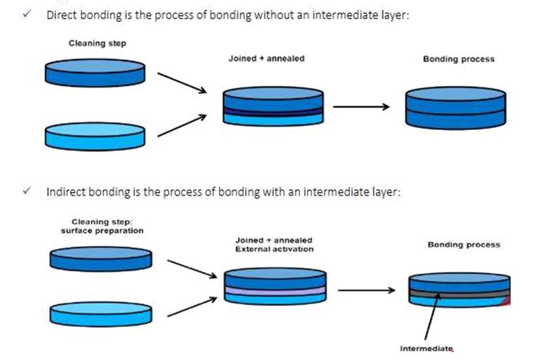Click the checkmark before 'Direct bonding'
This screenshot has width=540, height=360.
click(27, 14)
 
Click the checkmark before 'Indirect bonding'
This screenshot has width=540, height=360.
click(27, 190)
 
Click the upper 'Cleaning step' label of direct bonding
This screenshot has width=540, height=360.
click(97, 43)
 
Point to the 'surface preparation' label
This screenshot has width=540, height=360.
click(102, 231)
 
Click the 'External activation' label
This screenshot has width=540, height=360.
click(275, 249)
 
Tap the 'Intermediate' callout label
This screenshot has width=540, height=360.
click(426, 349)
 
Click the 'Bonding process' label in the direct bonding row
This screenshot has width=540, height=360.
click(459, 59)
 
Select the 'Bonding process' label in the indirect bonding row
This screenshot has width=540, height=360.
click(464, 245)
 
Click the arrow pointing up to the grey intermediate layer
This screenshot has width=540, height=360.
click(432, 316)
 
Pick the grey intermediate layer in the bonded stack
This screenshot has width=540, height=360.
click(460, 293)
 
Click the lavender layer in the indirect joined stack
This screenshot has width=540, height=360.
click(275, 291)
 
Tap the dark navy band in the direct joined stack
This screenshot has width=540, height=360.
click(273, 112)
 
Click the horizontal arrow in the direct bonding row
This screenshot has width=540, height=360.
click(361, 106)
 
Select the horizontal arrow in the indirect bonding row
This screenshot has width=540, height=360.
click(366, 290)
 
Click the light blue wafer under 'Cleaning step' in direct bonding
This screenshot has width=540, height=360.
click(95, 137)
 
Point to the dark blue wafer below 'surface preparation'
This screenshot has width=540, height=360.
click(101, 259)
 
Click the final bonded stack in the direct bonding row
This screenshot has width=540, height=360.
click(456, 108)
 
